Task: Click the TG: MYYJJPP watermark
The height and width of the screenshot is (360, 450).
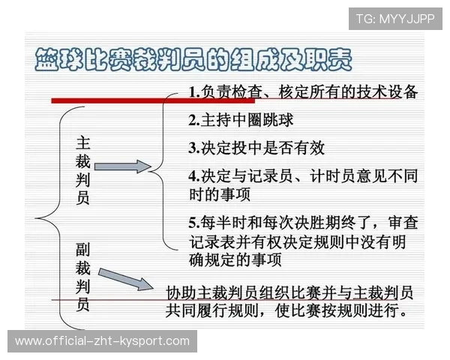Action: point(394,19)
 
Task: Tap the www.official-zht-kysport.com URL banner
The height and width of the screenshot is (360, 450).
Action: point(102,341)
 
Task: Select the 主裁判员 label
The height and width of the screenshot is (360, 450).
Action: point(83,169)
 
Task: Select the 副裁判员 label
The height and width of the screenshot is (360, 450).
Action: point(83,276)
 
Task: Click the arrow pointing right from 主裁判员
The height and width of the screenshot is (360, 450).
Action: point(123,166)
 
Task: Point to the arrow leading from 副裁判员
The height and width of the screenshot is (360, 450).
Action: point(124,278)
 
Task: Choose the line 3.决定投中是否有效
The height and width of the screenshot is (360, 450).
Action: point(256,147)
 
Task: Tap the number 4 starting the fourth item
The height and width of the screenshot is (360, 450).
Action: point(193,175)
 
